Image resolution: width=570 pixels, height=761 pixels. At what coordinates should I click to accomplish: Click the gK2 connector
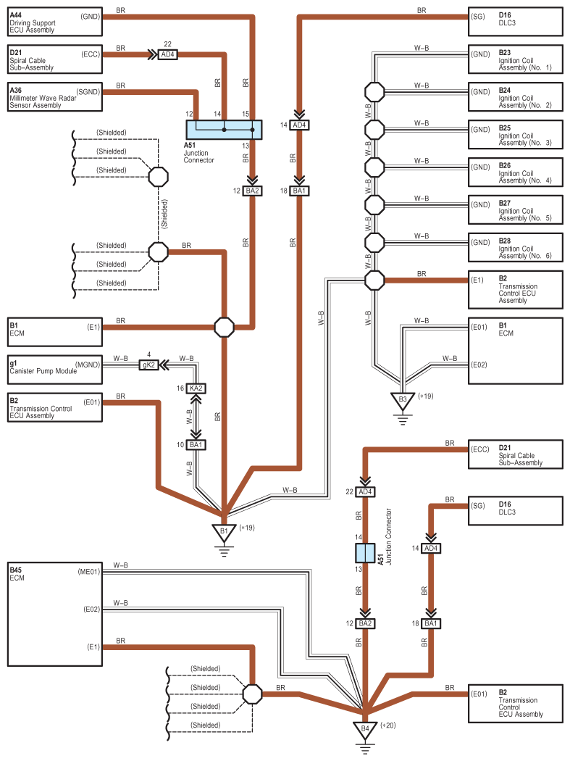point(149,365)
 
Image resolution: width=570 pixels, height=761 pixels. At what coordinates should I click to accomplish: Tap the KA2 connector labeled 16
point(196,388)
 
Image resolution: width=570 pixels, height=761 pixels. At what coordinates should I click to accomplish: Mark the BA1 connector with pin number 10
point(196,444)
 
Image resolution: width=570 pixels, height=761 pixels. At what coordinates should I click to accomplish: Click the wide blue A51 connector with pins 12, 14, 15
point(224,130)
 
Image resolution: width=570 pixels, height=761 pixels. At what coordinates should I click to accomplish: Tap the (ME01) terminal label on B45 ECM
point(89,572)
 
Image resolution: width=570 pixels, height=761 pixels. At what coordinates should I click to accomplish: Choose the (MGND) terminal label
point(88,365)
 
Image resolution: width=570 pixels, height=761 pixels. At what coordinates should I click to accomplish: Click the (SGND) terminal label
point(88,92)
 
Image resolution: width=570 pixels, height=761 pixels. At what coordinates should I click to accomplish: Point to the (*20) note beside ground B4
point(388,725)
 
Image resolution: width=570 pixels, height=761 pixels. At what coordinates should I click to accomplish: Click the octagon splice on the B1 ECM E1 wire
point(224,328)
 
